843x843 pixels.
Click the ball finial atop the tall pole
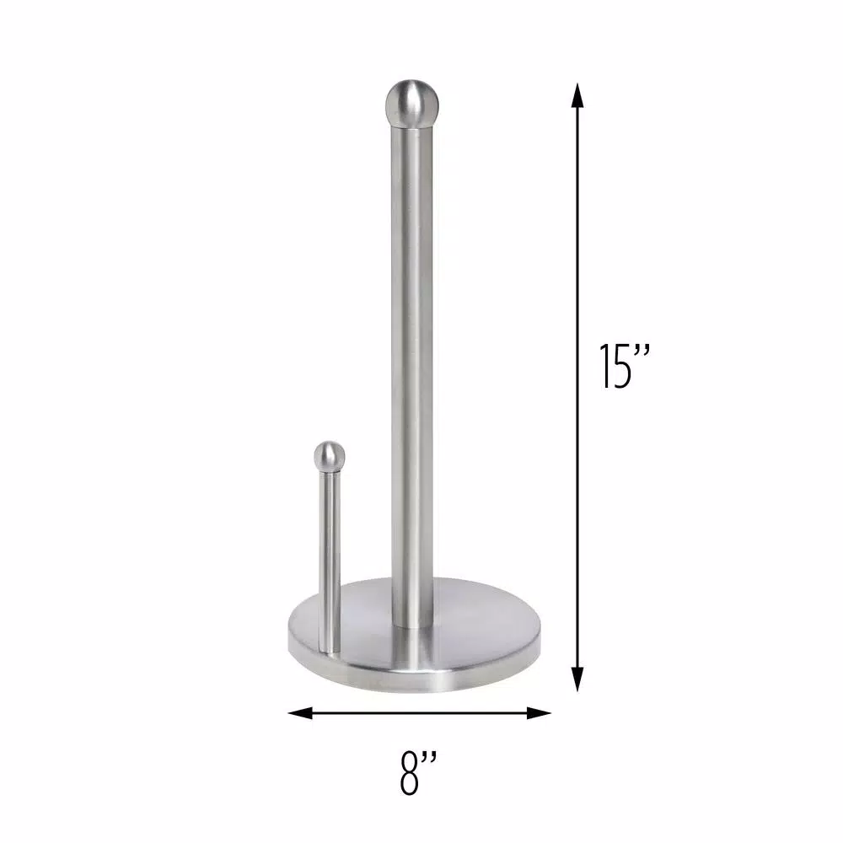[x=409, y=100]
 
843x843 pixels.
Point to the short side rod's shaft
[x=330, y=556]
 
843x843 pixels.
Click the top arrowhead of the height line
[x=577, y=94]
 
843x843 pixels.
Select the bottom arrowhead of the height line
[x=577, y=679]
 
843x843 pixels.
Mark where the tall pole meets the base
[x=412, y=625]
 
